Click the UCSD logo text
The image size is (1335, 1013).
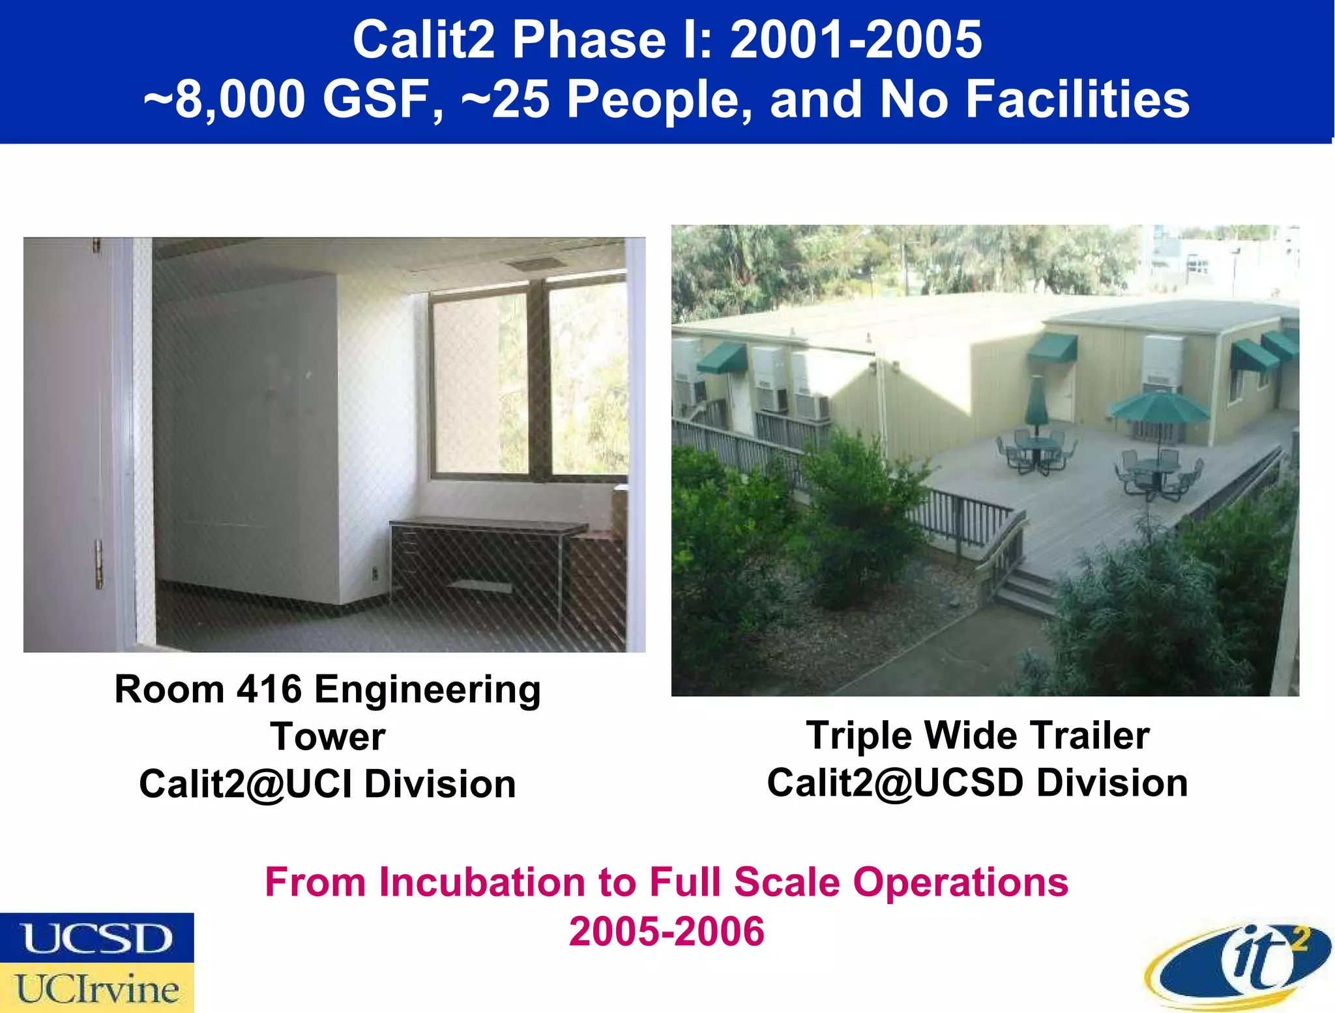[96, 938]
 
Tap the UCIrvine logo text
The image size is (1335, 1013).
[96, 989]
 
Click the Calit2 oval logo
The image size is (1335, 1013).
[1239, 965]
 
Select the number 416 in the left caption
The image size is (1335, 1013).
[269, 689]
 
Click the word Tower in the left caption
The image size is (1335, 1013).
[328, 737]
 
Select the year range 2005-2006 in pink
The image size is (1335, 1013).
[666, 931]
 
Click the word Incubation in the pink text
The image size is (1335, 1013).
[483, 883]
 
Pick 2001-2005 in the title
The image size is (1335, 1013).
[855, 40]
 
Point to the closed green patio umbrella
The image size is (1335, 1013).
[1036, 401]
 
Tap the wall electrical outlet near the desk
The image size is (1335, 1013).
[375, 574]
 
